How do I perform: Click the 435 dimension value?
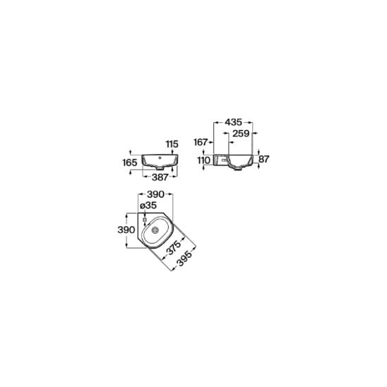(233, 122)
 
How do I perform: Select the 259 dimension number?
(241, 133)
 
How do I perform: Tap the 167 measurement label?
(201, 142)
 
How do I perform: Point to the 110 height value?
(204, 160)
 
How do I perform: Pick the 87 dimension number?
(263, 159)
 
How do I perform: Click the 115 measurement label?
(172, 144)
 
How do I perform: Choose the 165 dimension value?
(130, 162)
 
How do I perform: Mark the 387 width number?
(160, 177)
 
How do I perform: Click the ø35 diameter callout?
(148, 206)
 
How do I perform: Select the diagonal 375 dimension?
(174, 248)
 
